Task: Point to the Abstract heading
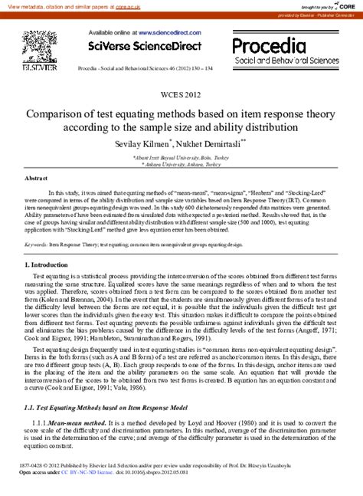tap(37, 177)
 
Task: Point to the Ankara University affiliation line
tap(181, 163)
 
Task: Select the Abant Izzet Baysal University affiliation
tap(181, 156)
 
